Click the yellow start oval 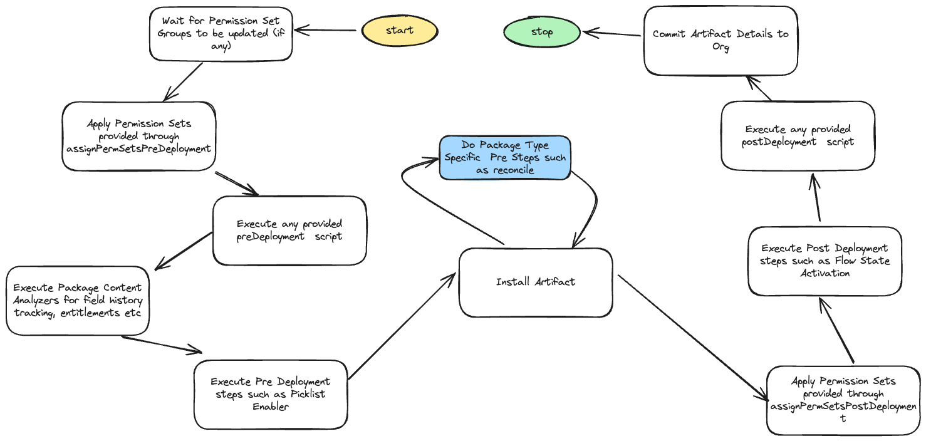[399, 31]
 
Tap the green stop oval [541, 33]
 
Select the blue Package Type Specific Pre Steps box [505, 158]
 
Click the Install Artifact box [536, 282]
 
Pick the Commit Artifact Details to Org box [721, 41]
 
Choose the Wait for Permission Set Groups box [221, 34]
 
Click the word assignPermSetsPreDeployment [138, 149]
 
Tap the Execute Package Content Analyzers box [78, 300]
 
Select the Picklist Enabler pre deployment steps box [270, 393]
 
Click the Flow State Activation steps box [825, 261]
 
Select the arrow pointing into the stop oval [611, 33]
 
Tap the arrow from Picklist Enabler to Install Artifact [401, 326]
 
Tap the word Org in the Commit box [721, 48]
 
